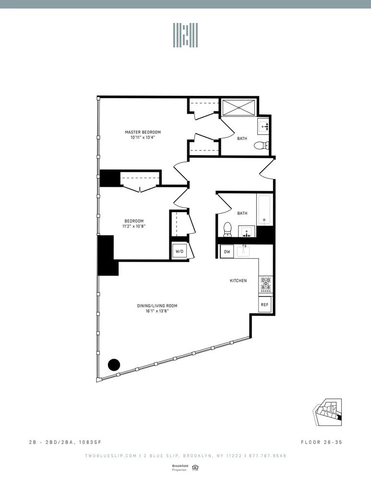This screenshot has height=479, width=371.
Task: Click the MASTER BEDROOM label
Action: coord(143,132)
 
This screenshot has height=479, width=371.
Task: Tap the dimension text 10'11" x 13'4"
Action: coord(143,137)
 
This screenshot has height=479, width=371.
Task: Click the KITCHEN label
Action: coord(238,281)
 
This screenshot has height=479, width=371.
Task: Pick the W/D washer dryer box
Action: coord(180,251)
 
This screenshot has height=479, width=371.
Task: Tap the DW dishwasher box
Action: coord(227,251)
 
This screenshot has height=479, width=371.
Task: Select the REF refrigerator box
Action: coord(264,305)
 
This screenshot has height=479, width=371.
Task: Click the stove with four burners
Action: coord(265,285)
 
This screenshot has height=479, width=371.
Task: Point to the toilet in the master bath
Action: coord(261,146)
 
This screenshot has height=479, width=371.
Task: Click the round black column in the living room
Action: coord(114,365)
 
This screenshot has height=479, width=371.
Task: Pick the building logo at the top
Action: coord(185,35)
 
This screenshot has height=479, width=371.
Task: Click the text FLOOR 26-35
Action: coord(322,441)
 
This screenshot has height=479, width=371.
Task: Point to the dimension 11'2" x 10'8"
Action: coord(134,227)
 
